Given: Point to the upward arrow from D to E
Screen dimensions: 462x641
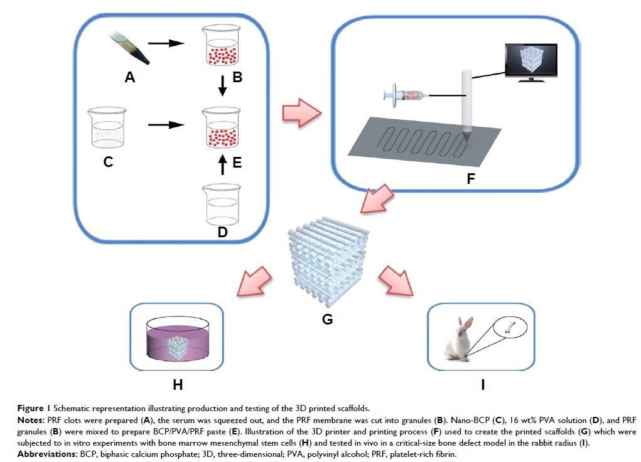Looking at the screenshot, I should [222, 168].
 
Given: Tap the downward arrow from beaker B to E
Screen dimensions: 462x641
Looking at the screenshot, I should [221, 85].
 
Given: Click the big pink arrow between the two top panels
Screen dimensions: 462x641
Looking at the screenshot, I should [301, 112].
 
